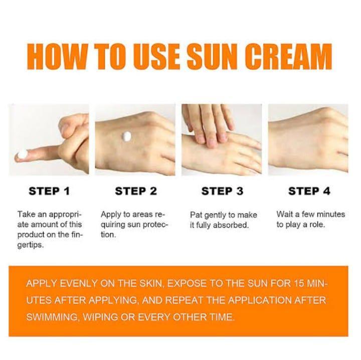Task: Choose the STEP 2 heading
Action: click(x=135, y=191)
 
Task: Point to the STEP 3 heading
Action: click(x=222, y=191)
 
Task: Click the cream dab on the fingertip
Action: click(x=22, y=154)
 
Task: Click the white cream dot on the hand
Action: click(x=127, y=136)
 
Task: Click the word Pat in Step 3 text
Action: click(x=196, y=215)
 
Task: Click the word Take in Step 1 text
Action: click(x=26, y=214)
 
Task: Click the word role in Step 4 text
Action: click(x=316, y=225)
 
